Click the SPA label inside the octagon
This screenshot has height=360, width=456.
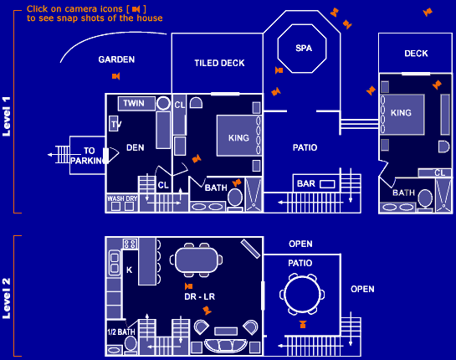(304, 48)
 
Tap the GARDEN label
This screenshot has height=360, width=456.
(116, 59)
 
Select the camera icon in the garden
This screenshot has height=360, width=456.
(115, 76)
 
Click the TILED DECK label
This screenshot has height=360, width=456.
(219, 63)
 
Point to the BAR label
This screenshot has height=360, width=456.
(306, 183)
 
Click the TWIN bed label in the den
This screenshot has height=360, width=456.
(134, 103)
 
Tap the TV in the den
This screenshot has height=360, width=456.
(115, 124)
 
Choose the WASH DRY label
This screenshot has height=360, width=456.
(122, 198)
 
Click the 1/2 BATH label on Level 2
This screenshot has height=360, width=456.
(121, 332)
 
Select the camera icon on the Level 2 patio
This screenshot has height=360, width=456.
(303, 324)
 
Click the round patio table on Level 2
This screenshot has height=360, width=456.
(302, 295)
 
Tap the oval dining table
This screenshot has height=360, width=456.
(197, 260)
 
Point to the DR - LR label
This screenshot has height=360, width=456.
(199, 296)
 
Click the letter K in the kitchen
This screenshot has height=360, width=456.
(129, 270)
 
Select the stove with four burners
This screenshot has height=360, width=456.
(130, 244)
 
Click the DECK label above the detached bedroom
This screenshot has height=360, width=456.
(416, 54)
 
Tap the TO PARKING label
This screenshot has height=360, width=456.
(88, 156)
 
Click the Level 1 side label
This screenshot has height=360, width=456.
(7, 116)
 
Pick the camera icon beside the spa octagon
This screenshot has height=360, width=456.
(279, 70)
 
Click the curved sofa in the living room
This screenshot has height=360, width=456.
(226, 346)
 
